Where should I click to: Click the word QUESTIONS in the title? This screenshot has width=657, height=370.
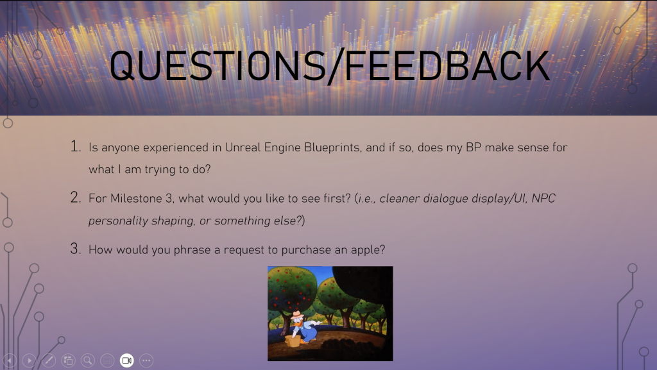(x=218, y=65)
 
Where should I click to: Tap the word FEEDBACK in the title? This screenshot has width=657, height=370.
(x=447, y=65)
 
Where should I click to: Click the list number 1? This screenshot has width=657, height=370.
(x=76, y=146)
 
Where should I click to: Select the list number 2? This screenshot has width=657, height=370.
(x=76, y=197)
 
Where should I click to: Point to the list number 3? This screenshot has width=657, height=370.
(x=76, y=249)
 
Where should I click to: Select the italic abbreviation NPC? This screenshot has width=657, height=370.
(x=543, y=198)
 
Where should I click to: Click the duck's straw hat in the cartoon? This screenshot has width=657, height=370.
(x=297, y=315)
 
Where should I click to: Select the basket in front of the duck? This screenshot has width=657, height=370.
(x=293, y=341)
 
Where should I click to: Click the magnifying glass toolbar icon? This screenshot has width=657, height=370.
(x=87, y=360)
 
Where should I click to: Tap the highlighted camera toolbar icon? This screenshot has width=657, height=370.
(x=126, y=360)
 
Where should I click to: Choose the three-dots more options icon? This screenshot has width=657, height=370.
(x=146, y=360)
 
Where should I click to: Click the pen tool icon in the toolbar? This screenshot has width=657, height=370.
(x=49, y=360)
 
